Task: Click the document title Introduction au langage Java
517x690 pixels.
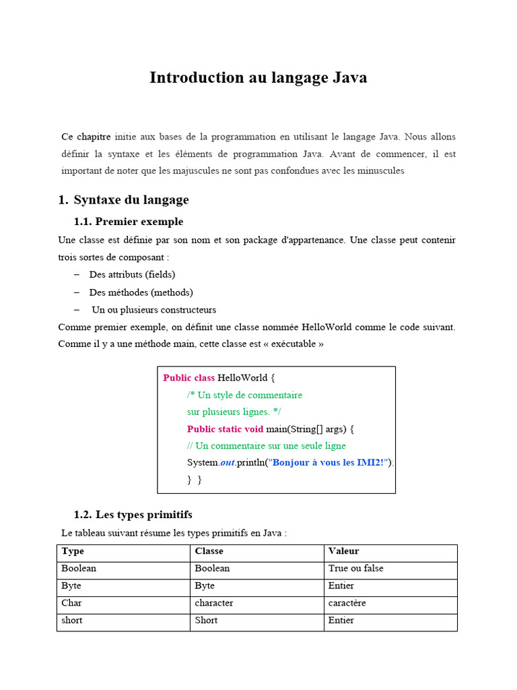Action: [x=258, y=77]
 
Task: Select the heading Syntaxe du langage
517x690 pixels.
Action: [x=131, y=199]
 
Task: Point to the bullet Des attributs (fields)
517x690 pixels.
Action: [x=132, y=274]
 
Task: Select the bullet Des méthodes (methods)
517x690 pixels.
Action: [x=141, y=292]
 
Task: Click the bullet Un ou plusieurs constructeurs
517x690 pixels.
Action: [x=154, y=310]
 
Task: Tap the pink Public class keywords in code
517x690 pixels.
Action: [x=188, y=378]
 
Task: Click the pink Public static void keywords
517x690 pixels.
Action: [x=225, y=429]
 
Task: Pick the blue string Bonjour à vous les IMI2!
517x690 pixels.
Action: [x=330, y=463]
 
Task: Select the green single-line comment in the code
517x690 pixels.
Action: [x=266, y=446]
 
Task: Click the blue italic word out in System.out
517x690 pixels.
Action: [x=227, y=463]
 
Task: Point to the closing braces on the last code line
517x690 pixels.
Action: [x=194, y=480]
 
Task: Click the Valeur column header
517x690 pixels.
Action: [x=343, y=551]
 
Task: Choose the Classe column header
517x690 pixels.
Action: [x=209, y=551]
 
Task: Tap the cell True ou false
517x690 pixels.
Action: [x=355, y=569]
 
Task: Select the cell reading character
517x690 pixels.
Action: [x=214, y=603]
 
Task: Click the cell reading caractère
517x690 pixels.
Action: [x=347, y=603]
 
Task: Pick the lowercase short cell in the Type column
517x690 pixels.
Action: [x=72, y=621]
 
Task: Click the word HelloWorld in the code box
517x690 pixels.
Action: [x=242, y=378]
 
